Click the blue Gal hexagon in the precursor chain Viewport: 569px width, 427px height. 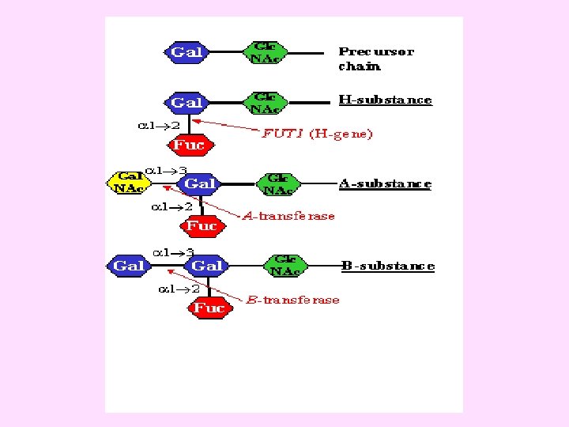click(187, 52)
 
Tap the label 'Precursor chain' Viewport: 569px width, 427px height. click(375, 59)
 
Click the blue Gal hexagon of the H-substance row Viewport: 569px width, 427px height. click(187, 103)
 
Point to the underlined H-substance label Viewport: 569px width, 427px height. click(385, 100)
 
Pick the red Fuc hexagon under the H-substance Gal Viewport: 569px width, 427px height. click(190, 145)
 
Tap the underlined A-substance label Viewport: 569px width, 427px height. click(385, 183)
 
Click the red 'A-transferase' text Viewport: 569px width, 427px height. click(288, 216)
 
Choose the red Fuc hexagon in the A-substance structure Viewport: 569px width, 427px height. click(202, 226)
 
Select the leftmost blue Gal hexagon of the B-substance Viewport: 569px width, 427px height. click(129, 266)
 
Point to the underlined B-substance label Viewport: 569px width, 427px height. click(388, 266)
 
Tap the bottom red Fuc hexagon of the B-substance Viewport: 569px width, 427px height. click(209, 308)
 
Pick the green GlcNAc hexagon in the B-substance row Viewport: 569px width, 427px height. click(286, 266)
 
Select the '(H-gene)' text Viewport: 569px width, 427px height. click(340, 134)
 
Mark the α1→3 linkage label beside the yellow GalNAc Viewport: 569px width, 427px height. click(170, 169)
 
